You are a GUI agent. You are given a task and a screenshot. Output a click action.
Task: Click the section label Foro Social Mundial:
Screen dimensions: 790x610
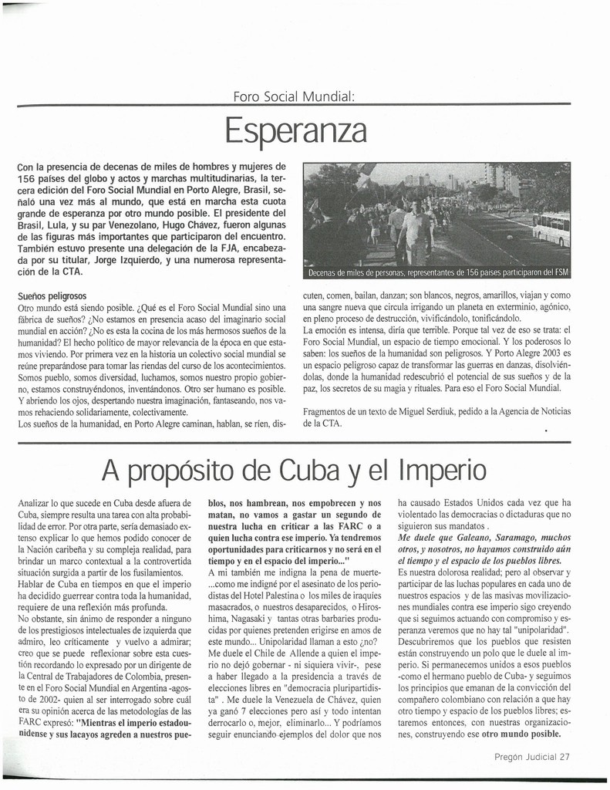tap(295, 96)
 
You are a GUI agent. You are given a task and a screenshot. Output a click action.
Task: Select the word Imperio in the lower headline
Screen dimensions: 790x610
tap(443, 469)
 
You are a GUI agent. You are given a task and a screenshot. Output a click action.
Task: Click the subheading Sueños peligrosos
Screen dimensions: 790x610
tap(52, 295)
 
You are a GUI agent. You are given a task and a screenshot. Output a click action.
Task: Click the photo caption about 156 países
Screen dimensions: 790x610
tap(436, 272)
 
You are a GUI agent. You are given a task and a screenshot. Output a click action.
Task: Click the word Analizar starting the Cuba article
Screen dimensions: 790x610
tap(35, 503)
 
